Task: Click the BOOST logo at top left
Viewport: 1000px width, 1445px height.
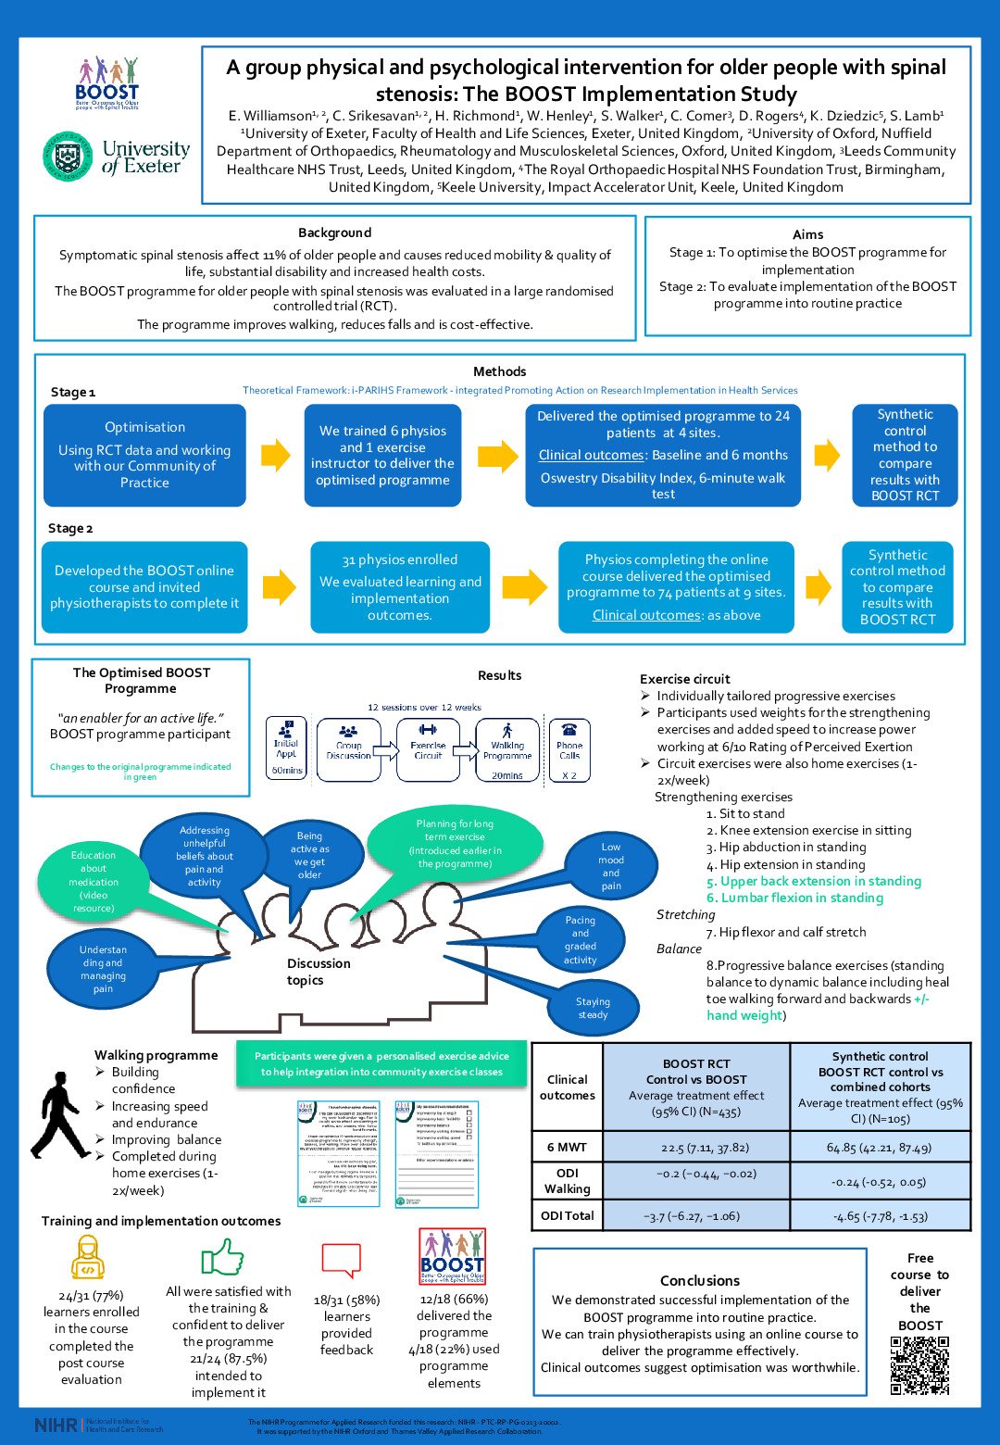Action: [106, 82]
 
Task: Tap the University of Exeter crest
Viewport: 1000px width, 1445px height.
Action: [68, 156]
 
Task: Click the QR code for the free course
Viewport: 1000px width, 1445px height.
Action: [919, 1364]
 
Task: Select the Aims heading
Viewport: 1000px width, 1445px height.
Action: [807, 234]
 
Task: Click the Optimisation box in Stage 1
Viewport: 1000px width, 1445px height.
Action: [144, 455]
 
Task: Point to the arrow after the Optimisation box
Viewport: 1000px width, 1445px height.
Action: [275, 455]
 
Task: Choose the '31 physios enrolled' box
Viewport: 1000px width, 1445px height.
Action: [400, 587]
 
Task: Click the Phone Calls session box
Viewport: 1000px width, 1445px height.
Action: [569, 749]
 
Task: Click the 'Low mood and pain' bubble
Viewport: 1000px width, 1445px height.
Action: [610, 866]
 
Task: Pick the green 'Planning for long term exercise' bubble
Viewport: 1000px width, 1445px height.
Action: [454, 843]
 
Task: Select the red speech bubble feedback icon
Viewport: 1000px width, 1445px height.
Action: [340, 1260]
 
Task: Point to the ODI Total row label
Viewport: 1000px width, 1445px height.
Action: [567, 1215]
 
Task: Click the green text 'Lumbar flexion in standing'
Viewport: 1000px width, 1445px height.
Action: [794, 898]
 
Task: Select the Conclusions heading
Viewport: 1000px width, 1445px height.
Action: [699, 1280]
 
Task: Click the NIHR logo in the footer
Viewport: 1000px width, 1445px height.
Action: [56, 1425]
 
